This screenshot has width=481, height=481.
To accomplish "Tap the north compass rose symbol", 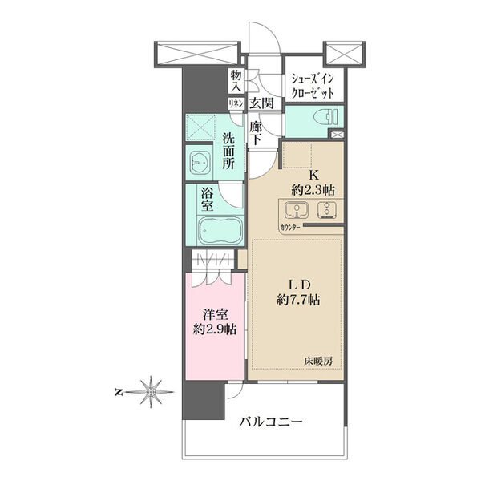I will (150, 392).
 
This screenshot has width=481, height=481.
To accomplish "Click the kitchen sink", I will (296, 212).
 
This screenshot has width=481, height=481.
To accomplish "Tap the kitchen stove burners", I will (327, 212).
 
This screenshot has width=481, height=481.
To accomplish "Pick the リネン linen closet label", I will (236, 103).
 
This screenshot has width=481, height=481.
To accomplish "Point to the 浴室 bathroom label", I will (207, 199).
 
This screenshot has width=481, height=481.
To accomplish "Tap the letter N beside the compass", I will (118, 392).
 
